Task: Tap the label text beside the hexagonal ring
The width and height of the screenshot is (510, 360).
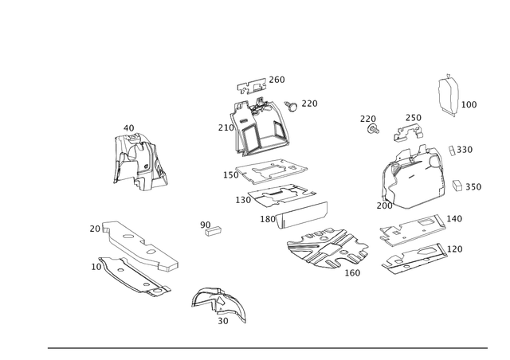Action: tap(470, 104)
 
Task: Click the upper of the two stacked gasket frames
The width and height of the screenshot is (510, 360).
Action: tap(275, 169)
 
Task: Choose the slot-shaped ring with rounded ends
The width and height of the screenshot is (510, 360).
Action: tap(301, 215)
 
